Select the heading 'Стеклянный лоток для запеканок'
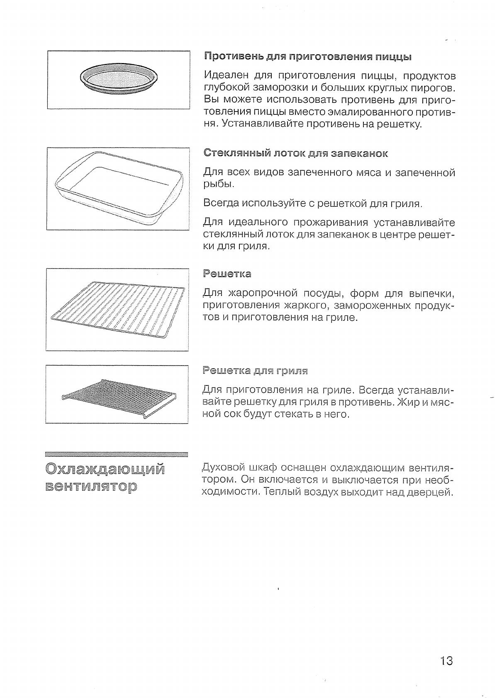(x=295, y=153)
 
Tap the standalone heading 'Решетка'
(x=227, y=274)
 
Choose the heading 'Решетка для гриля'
(x=255, y=371)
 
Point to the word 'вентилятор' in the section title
(x=91, y=486)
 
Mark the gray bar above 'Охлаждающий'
(x=117, y=454)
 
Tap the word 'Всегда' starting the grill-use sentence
(x=221, y=204)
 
